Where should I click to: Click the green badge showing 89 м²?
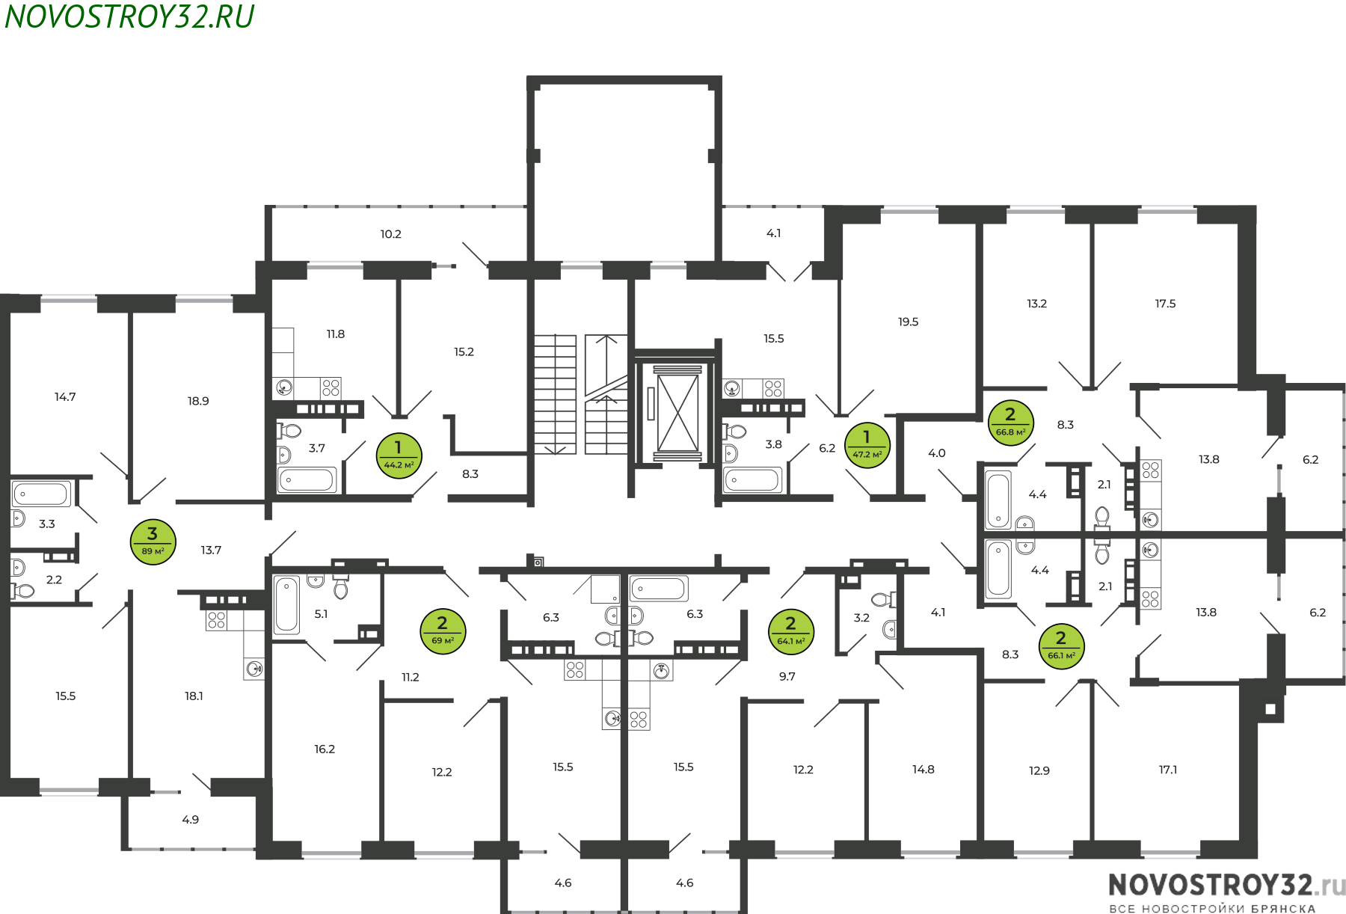tap(153, 542)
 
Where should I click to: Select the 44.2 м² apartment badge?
tap(399, 456)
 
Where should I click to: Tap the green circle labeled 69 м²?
tap(443, 631)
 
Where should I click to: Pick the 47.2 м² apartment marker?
tap(867, 445)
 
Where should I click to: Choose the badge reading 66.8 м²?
tap(1011, 423)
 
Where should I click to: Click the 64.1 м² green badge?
tap(791, 631)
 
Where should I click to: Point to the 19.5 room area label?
tap(908, 322)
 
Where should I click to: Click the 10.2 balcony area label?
tap(390, 234)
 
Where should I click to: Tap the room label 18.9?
tap(198, 401)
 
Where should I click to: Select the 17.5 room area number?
tap(1165, 304)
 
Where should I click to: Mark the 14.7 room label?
tap(65, 397)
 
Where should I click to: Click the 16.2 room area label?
tap(325, 749)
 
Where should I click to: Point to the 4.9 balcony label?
tap(191, 820)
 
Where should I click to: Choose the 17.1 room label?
tap(1168, 770)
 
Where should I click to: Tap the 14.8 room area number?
tap(924, 770)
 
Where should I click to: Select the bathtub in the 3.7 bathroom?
tap(307, 479)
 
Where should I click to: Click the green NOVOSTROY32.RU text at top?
tap(129, 16)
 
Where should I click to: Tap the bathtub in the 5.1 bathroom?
tap(286, 605)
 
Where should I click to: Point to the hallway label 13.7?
tap(211, 550)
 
